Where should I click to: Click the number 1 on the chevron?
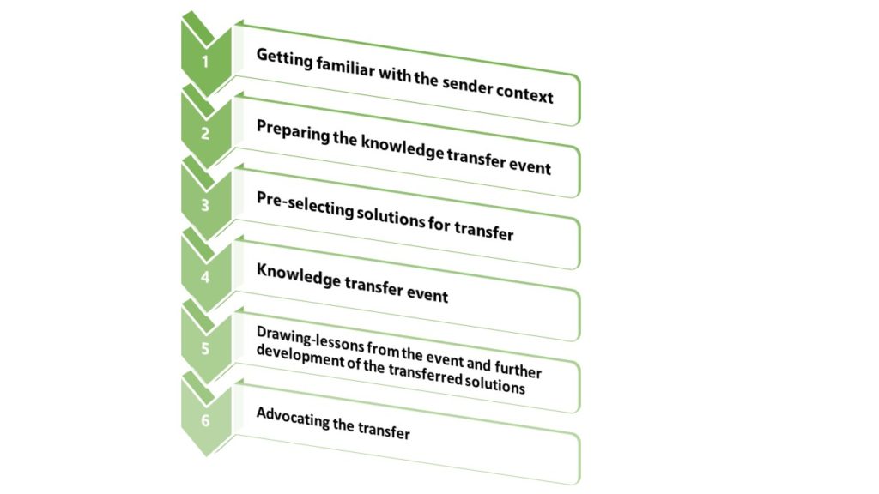[x=205, y=61]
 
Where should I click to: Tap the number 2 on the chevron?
[x=205, y=133]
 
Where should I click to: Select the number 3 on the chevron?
[x=205, y=205]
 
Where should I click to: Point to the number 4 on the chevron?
[x=205, y=277]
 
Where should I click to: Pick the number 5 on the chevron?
[x=205, y=348]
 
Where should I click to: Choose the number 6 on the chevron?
[x=205, y=420]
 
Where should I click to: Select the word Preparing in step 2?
[x=293, y=131]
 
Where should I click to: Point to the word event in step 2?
[x=530, y=166]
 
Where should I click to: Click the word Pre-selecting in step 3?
[x=305, y=205]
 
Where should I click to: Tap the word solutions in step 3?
[x=391, y=217]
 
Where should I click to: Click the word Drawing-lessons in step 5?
[x=310, y=340]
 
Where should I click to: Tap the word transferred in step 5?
[x=425, y=375]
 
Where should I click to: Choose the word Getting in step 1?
[x=284, y=58]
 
